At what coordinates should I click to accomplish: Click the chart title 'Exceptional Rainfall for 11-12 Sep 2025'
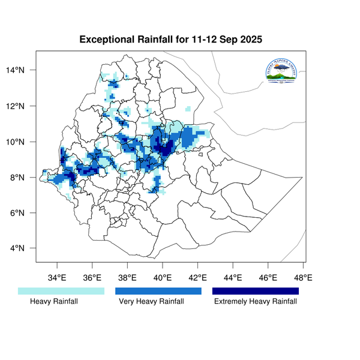pos(171,40)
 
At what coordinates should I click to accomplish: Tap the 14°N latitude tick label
pos(24,71)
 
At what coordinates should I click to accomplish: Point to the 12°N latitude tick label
pos(24,106)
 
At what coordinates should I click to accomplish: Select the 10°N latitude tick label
pos(24,142)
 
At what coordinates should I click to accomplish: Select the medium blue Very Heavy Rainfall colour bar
pos(158,291)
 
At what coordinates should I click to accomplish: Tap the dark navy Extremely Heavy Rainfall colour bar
pos(256,291)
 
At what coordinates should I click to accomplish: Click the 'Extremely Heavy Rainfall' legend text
pos(256,302)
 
